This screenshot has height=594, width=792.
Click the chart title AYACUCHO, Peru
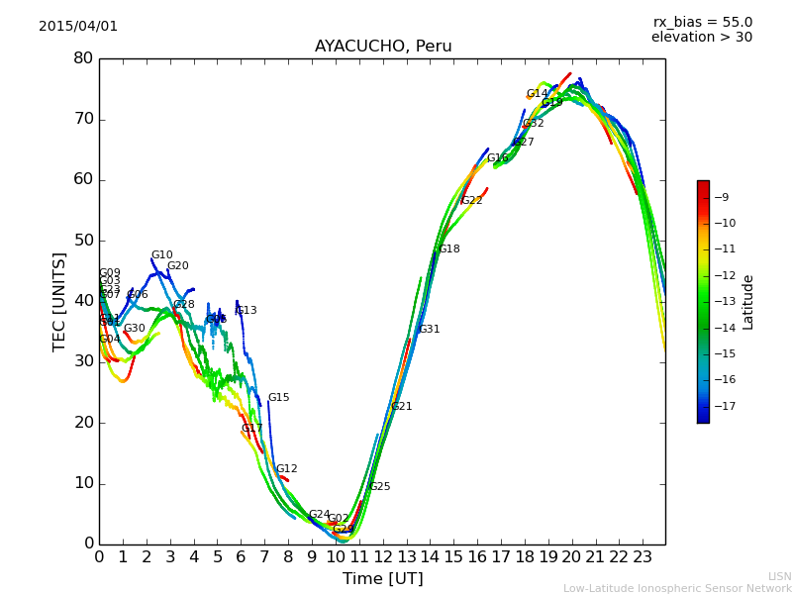coord(383,47)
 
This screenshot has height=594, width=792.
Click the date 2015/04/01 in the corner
coord(78,27)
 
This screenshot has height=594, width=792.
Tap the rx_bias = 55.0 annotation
coord(702,23)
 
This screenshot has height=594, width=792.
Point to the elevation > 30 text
coord(702,38)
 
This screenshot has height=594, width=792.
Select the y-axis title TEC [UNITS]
coord(59,301)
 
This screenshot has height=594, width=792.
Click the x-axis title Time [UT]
coord(382,579)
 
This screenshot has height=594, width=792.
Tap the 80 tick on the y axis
coord(83,58)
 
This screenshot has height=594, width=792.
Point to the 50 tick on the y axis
coord(83,241)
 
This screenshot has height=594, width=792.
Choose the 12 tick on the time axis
coord(382,557)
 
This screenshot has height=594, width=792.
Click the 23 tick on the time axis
coord(642,557)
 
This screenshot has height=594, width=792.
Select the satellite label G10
coord(161,255)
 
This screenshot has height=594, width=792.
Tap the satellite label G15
coord(278,398)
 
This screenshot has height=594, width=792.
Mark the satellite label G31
coord(429,330)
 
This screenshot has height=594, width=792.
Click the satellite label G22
coord(471,201)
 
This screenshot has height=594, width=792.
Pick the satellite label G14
coord(537,94)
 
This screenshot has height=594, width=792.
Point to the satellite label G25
coord(379,487)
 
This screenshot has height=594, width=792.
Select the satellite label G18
coord(448,249)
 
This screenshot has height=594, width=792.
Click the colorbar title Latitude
coord(748,302)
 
